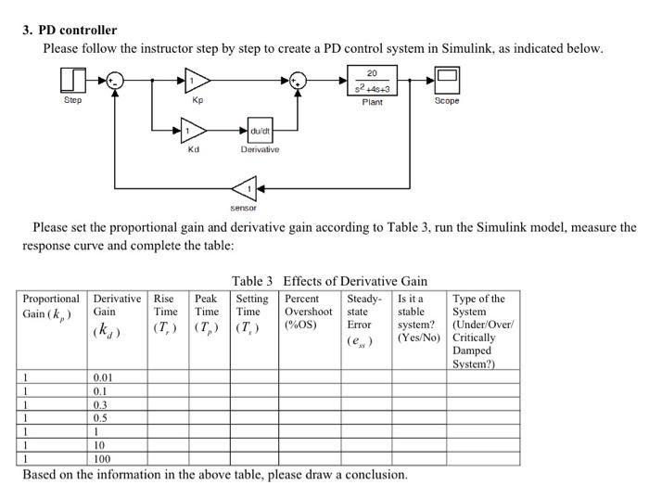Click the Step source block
pos(72,80)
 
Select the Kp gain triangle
pos(197,81)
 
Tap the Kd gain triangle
pos(194,130)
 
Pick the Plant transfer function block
pos(371,80)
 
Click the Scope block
pos(447,80)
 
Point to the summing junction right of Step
pos(114,81)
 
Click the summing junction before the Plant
pos(298,81)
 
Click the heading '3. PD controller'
pos(70,31)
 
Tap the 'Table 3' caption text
pos(252,281)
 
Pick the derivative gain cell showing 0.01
pos(104,378)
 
